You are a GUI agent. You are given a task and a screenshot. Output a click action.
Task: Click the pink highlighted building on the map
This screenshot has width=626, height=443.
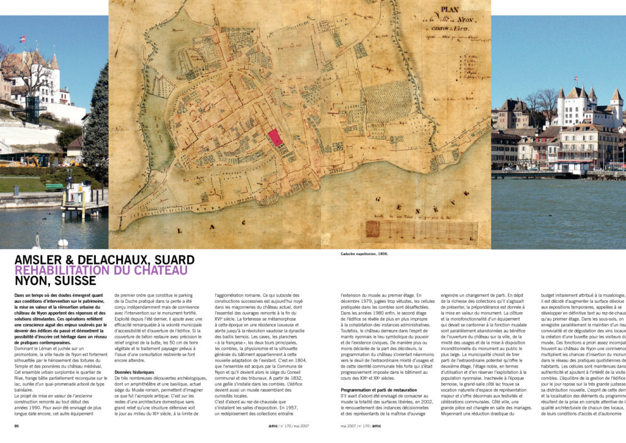(x=276, y=137)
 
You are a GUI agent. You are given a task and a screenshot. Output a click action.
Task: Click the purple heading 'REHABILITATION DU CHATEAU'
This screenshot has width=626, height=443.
(x=101, y=270)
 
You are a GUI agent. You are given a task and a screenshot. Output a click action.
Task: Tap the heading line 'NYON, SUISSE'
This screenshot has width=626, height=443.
(x=56, y=281)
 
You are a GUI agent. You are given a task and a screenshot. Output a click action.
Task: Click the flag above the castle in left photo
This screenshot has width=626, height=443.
(x=23, y=39)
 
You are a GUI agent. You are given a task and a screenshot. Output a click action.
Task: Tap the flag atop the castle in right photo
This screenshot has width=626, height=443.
(x=575, y=79)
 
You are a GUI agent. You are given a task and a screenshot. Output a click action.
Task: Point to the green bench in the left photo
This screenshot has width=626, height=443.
(x=54, y=187)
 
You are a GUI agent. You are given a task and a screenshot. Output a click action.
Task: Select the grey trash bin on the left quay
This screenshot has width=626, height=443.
(x=17, y=190)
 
